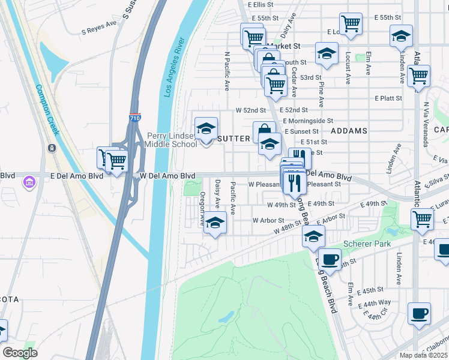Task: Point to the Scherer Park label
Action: tap(367, 244)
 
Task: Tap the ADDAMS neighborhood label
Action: tap(348, 130)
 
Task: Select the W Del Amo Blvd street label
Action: tap(167, 176)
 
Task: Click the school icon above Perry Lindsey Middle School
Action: tap(206, 128)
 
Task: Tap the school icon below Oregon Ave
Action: tap(214, 224)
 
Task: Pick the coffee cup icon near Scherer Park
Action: tap(329, 260)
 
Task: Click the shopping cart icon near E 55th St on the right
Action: tap(351, 24)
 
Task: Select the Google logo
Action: tap(20, 352)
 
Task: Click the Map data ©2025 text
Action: tap(424, 355)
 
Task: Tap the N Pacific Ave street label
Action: tap(227, 71)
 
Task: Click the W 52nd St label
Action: tap(250, 110)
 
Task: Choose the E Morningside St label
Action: tap(308, 121)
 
